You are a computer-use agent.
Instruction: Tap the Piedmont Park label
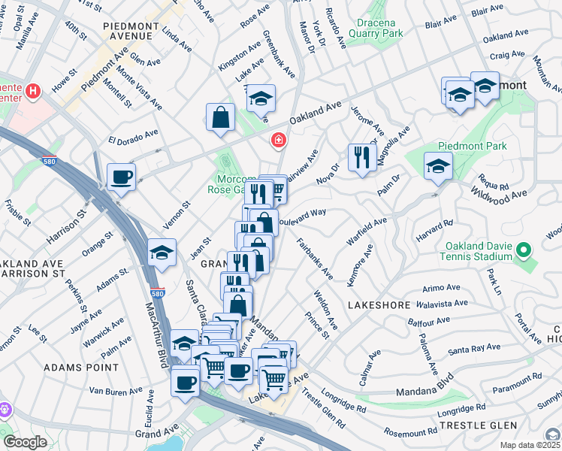(475, 146)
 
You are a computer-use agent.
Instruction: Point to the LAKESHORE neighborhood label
(379, 305)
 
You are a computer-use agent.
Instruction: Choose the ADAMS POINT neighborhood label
(80, 368)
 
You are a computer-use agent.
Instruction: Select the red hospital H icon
(32, 92)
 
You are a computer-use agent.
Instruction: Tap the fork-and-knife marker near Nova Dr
(362, 157)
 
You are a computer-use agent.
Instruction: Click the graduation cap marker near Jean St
(162, 253)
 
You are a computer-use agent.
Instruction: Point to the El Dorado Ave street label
(133, 136)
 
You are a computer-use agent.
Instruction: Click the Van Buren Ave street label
(115, 390)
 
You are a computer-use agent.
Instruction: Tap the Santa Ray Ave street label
(473, 350)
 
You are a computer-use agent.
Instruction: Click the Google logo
(25, 441)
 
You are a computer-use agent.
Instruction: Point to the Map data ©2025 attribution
(530, 445)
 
